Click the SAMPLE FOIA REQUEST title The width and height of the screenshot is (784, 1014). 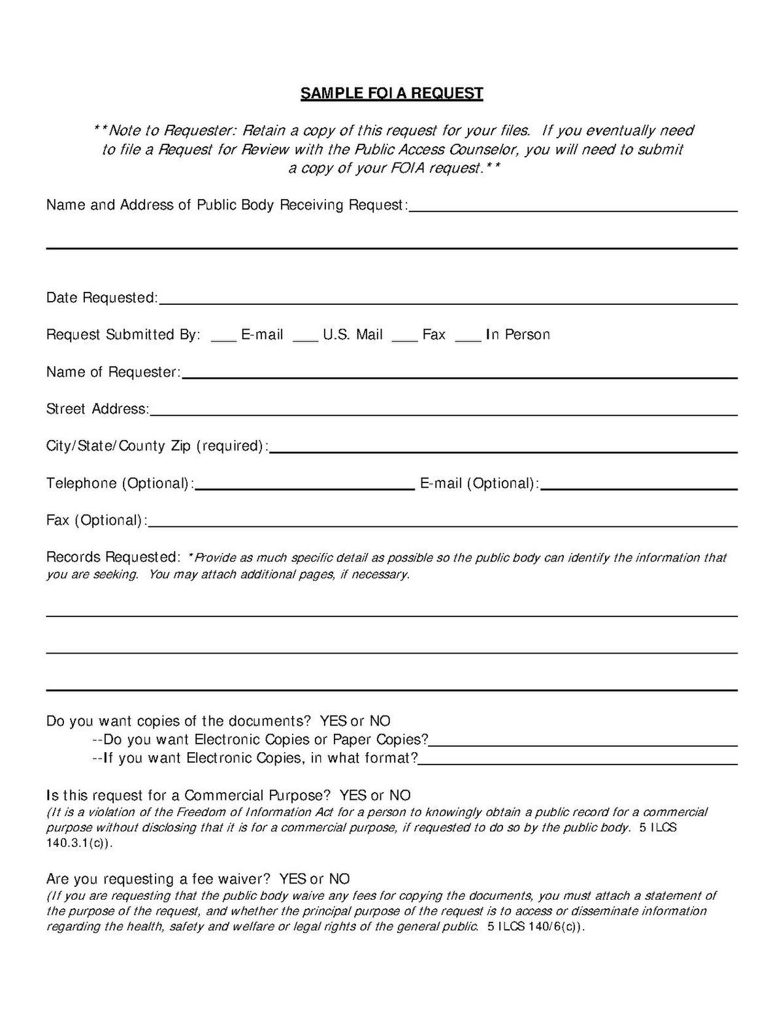tap(391, 93)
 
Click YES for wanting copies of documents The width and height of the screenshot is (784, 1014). tap(333, 721)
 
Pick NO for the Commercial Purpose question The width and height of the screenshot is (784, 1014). tap(400, 796)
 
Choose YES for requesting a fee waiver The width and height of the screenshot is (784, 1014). tap(293, 879)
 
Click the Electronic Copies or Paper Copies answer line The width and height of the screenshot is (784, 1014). tap(583, 742)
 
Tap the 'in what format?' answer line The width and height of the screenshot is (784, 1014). tap(578, 761)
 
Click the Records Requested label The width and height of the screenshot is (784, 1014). tap(112, 558)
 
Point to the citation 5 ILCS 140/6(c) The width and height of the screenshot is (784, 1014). tap(535, 927)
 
